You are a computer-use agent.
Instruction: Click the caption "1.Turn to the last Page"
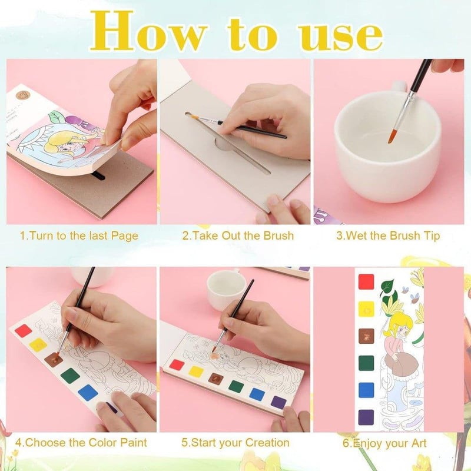[79, 236]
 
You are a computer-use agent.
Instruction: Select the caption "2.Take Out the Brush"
[238, 236]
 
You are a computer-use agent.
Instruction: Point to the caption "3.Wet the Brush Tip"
[388, 236]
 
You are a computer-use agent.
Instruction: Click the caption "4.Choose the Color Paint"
[81, 443]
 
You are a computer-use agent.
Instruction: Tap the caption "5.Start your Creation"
[235, 443]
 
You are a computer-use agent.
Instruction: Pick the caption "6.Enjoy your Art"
[384, 443]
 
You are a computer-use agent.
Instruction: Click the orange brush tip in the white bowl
[392, 137]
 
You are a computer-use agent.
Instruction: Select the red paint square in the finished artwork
[366, 282]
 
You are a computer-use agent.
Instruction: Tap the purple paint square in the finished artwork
[366, 417]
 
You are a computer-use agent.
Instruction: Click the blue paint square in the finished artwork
[366, 390]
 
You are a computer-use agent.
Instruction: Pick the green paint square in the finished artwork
[366, 363]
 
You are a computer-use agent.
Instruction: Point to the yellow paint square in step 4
[38, 344]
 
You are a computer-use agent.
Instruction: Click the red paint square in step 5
[177, 365]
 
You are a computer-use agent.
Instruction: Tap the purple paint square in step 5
[278, 403]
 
